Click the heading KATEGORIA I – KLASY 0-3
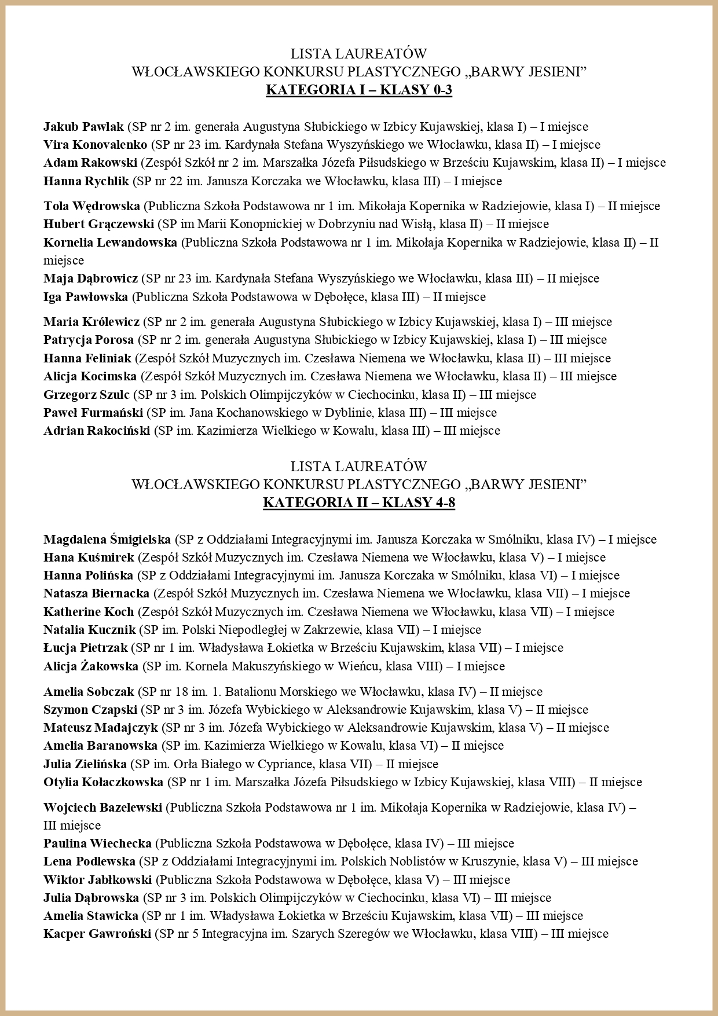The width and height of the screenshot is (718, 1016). point(358,90)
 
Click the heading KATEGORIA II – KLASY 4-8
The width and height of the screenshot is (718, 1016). point(358,503)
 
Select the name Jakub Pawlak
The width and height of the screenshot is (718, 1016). point(83,126)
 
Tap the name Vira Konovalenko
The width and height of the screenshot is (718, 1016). point(96,145)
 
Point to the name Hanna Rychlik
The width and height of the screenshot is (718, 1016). point(86,181)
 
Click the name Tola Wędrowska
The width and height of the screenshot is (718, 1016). point(91,206)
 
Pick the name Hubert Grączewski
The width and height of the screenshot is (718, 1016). point(98,224)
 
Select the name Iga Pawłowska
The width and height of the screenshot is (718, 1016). point(86,297)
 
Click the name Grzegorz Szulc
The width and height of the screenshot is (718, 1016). point(87,395)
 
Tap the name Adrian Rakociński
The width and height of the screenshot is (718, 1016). point(97,431)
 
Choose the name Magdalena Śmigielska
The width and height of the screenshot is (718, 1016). point(107,540)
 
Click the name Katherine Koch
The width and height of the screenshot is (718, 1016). point(89,612)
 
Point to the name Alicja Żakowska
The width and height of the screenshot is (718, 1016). point(91,666)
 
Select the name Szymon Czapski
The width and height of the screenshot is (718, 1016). point(90,710)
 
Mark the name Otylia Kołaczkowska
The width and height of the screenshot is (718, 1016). point(103,782)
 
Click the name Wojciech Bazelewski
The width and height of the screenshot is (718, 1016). point(102,807)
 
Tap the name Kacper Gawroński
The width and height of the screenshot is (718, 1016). point(97,934)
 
